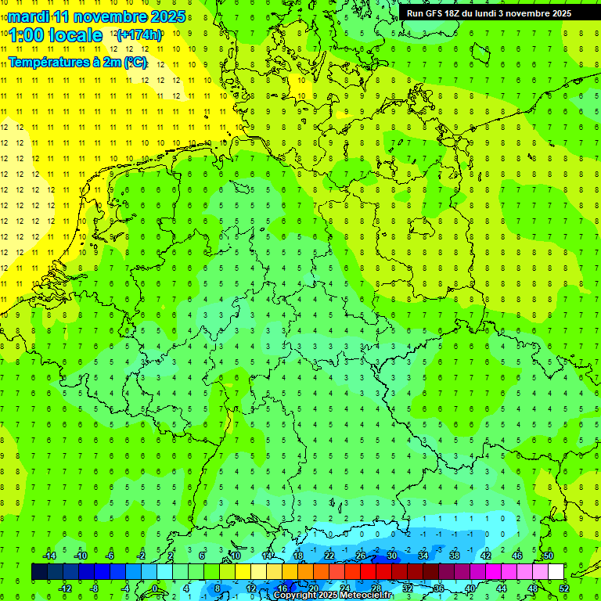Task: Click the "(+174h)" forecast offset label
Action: [x=139, y=35]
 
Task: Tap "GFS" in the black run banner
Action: [x=436, y=13]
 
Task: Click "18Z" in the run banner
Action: [x=458, y=13]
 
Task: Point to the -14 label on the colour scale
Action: [x=50, y=556]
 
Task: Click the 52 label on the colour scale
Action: [x=564, y=588]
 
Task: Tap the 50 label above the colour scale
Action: [x=548, y=556]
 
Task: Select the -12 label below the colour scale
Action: [x=66, y=588]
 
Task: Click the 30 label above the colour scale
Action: [x=391, y=556]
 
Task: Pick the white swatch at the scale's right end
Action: [x=556, y=572]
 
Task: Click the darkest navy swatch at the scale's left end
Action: [x=39, y=572]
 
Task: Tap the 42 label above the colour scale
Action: [x=485, y=556]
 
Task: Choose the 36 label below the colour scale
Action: [x=439, y=588]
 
